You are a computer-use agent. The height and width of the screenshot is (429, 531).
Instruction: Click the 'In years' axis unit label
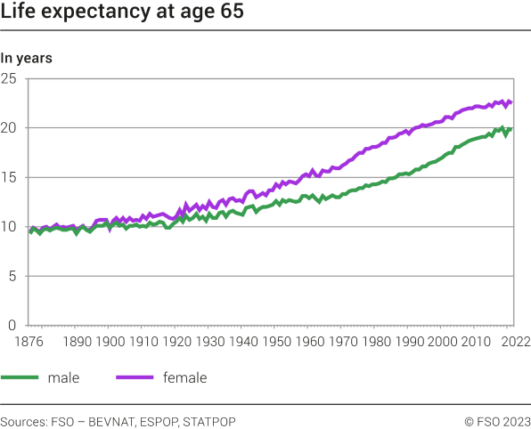tap(26, 59)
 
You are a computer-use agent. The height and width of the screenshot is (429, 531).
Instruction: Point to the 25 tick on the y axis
tap(10, 79)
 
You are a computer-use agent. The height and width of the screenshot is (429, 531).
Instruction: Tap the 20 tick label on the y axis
tap(10, 128)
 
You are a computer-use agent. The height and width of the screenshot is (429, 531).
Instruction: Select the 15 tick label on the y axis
tap(10, 177)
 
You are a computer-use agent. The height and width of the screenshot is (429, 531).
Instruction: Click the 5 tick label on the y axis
tap(13, 276)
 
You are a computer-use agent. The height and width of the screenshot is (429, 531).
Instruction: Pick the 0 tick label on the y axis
tap(13, 325)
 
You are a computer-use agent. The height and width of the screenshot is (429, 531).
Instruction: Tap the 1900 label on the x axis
tap(109, 341)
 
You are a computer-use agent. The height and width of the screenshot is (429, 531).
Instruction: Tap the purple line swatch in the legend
tap(135, 378)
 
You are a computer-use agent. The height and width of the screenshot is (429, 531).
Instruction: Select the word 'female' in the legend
tap(185, 378)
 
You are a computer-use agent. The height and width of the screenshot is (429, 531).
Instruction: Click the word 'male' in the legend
tap(63, 378)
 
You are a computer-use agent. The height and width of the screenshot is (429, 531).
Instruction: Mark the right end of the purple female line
tap(511, 102)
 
